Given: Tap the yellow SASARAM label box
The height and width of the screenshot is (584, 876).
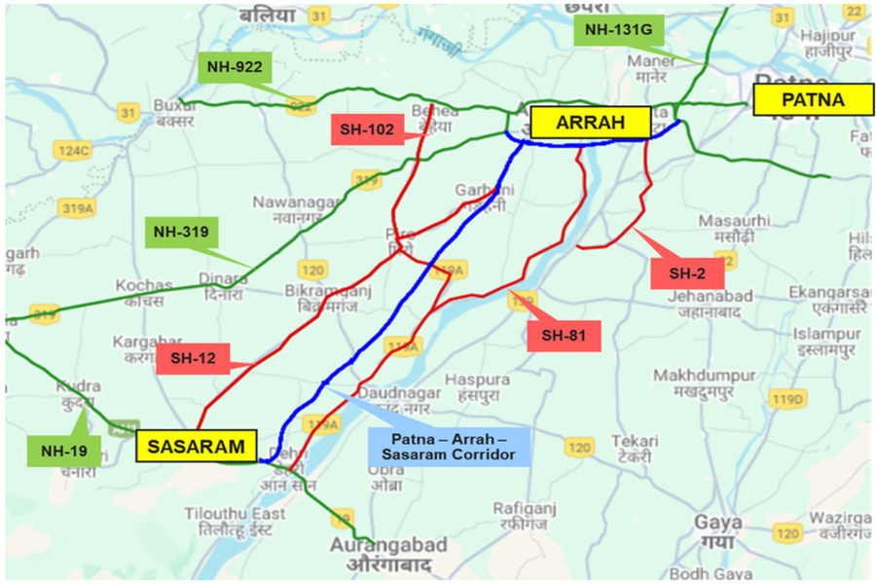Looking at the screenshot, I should (x=196, y=445).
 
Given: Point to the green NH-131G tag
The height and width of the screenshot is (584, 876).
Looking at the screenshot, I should (x=617, y=30).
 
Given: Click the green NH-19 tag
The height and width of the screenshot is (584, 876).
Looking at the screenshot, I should (x=64, y=451).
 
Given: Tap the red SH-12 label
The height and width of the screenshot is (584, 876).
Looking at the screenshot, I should (x=191, y=358).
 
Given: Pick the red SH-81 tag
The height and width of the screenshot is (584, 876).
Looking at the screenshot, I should (x=564, y=336).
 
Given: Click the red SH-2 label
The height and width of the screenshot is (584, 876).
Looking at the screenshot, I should (x=687, y=274).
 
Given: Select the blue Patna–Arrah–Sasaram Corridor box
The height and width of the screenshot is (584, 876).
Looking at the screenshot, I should (x=449, y=444).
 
